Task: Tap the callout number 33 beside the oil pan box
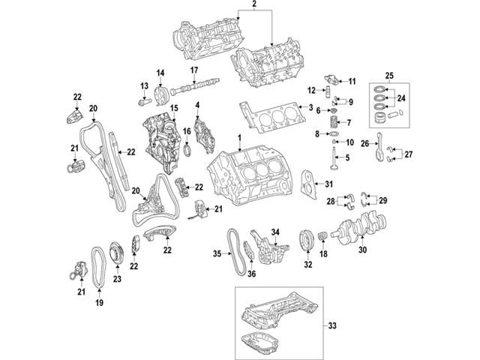tap(333, 326)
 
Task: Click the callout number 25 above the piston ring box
tap(389, 76)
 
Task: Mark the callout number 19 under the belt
tap(98, 304)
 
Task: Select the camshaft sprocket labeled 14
tap(159, 97)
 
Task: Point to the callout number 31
tap(328, 184)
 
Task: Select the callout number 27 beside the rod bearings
tap(409, 155)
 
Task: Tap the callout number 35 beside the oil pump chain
tap(217, 254)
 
